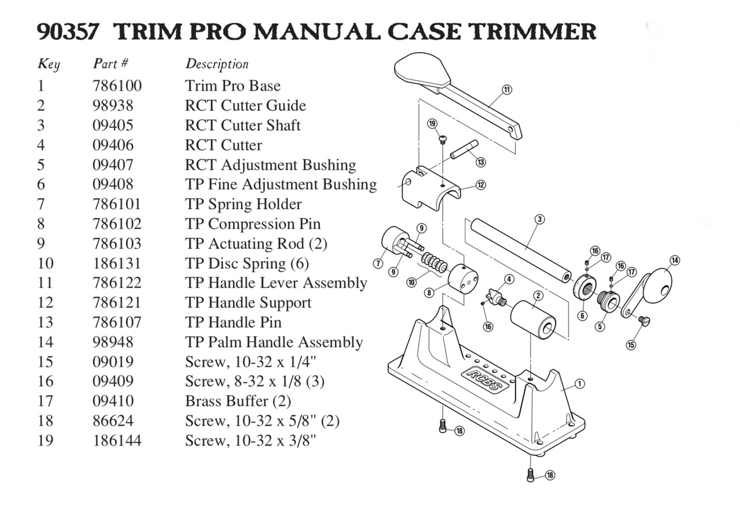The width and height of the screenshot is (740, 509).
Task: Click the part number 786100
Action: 117,86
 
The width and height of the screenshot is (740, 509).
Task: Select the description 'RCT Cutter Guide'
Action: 245,106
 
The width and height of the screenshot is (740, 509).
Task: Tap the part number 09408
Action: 113,184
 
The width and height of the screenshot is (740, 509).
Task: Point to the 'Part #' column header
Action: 110,64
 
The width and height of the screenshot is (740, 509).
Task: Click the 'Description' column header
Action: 217,64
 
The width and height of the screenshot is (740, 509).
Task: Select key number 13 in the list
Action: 45,322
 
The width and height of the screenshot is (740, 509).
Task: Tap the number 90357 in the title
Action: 68,31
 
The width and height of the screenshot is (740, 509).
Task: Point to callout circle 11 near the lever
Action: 507,90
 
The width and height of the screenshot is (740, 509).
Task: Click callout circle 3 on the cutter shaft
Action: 539,219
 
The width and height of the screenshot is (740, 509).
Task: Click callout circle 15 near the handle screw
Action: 631,345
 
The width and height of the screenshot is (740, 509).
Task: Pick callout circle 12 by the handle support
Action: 481,185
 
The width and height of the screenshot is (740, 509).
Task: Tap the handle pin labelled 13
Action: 463,150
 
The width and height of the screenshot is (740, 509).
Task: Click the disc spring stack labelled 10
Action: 434,263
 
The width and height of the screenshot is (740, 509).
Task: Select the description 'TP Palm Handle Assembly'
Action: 273,342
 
